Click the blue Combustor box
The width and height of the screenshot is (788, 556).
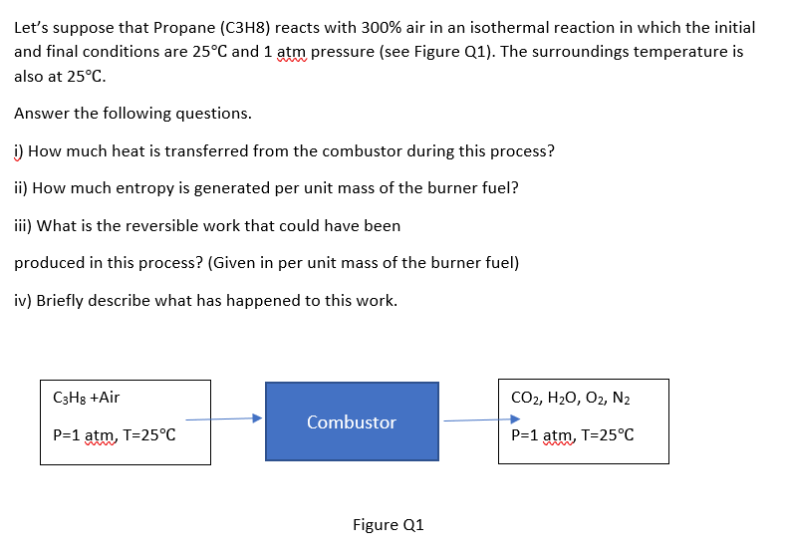click(x=352, y=421)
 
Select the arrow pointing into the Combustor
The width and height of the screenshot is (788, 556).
click(x=224, y=418)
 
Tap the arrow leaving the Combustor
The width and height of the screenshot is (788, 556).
click(x=482, y=419)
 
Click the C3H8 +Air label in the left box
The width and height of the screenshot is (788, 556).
click(x=86, y=398)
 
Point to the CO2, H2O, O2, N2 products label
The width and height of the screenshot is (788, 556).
click(x=571, y=398)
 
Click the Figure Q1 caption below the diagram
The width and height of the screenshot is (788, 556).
click(x=388, y=525)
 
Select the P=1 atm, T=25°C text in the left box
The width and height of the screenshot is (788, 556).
click(x=115, y=434)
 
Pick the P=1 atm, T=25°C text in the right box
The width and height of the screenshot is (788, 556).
click(x=573, y=434)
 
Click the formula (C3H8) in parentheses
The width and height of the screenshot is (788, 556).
click(x=245, y=28)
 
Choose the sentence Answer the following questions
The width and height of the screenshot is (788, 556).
click(x=132, y=114)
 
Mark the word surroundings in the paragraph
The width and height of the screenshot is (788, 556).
click(x=580, y=52)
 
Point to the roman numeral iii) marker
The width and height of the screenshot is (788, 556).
click(x=23, y=226)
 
